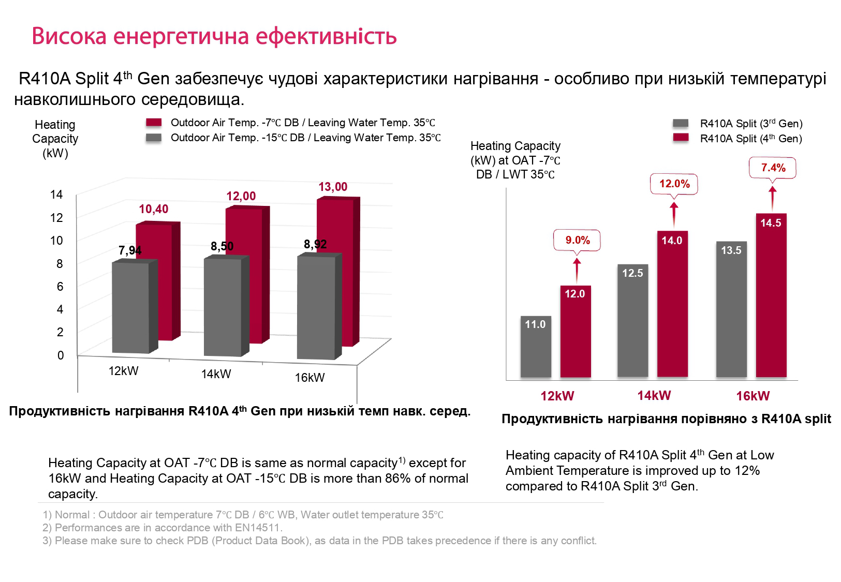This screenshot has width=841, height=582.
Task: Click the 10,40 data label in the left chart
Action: tap(154, 209)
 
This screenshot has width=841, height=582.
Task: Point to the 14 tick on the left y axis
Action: tap(56, 195)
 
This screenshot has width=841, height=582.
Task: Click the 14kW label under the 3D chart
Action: tap(216, 374)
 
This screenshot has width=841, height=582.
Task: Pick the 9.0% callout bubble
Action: tap(577, 240)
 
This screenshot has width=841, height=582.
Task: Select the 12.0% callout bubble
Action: tap(674, 184)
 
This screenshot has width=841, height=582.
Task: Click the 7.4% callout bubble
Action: tap(773, 168)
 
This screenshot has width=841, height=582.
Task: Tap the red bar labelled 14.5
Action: tap(771, 295)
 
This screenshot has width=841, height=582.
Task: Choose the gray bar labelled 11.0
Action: tap(536, 347)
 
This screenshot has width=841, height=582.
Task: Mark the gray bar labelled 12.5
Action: tap(632, 321)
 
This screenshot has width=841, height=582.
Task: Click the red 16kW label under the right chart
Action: tap(753, 396)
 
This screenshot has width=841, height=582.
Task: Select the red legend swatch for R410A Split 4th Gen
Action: tap(681, 138)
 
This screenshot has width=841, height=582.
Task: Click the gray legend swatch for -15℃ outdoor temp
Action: tap(154, 138)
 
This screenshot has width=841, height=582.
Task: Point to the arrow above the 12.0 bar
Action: tap(577, 270)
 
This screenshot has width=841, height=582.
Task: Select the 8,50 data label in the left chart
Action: tap(222, 246)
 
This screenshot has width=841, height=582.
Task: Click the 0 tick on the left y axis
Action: tap(61, 355)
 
